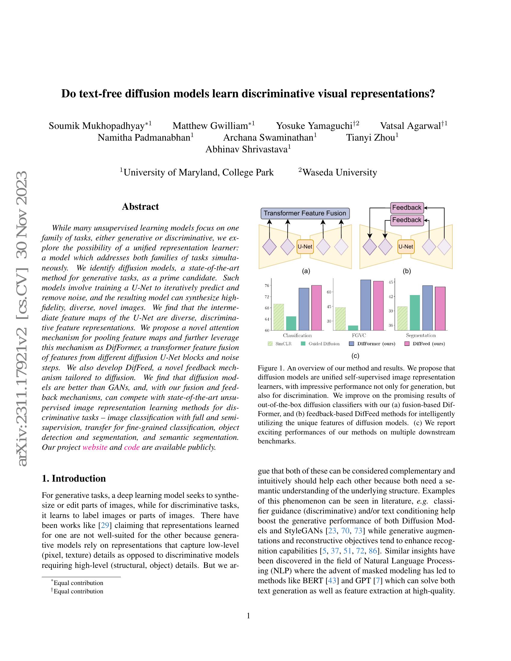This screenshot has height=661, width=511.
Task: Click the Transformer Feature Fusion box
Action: coord(305,213)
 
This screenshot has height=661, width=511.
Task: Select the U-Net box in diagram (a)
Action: coord(305,247)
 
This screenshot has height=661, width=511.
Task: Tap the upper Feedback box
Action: coord(407,208)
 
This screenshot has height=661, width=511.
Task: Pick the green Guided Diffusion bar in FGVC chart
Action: coord(353,328)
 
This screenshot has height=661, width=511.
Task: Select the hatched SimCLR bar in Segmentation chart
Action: coord(402,318)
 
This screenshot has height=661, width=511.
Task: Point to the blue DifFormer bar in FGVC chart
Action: coord(366,305)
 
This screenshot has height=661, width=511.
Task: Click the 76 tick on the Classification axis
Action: coord(267,285)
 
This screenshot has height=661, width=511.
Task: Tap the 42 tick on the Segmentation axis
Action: coord(391,297)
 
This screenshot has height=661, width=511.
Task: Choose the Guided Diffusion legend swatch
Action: coord(303,344)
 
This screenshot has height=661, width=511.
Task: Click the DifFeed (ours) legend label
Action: coord(429,344)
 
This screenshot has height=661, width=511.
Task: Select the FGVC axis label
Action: coord(359,335)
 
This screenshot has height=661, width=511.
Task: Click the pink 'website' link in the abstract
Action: coord(95,447)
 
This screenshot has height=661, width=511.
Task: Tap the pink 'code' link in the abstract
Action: coord(132,447)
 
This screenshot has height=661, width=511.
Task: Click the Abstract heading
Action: coord(140,207)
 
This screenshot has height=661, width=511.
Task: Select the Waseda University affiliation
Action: coord(339,172)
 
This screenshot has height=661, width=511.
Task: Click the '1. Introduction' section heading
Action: coord(74,479)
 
